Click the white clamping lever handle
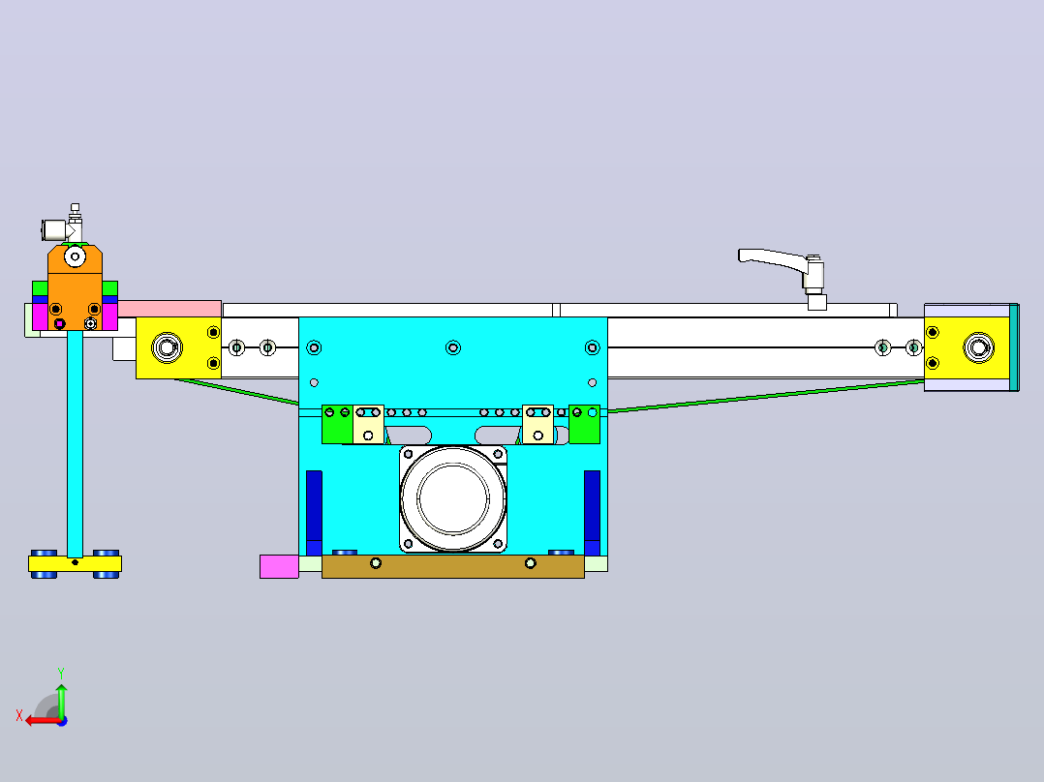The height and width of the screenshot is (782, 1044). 773,258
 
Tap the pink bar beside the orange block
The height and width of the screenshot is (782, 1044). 169,309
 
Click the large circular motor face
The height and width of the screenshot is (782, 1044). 453,498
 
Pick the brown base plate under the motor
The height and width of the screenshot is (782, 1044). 453,566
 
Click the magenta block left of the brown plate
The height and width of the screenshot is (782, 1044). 279,566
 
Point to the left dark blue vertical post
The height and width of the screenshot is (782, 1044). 314,513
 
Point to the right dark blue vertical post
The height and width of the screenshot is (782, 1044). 592,513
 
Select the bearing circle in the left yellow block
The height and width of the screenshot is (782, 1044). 168,347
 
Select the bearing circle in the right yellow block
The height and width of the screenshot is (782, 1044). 979,347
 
